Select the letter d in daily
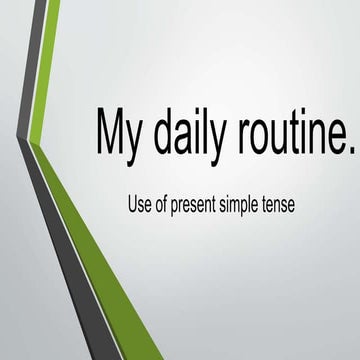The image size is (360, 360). tap(164, 129)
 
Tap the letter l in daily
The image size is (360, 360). tap(210, 127)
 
